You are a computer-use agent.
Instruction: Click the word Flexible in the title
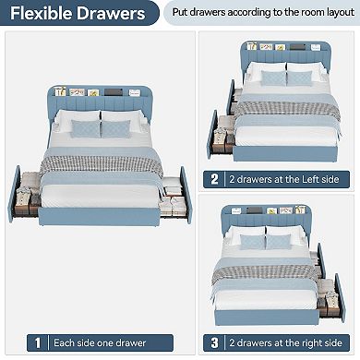pyautogui.click(x=42, y=13)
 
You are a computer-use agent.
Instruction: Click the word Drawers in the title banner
pyautogui.click(x=111, y=13)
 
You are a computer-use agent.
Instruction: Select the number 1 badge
pyautogui.click(x=38, y=342)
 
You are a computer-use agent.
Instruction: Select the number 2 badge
pyautogui.click(x=214, y=179)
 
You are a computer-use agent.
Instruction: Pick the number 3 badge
pyautogui.click(x=214, y=342)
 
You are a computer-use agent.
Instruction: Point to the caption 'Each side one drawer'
pyautogui.click(x=100, y=342)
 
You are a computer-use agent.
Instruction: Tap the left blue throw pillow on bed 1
pyautogui.click(x=86, y=128)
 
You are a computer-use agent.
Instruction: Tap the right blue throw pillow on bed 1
pyautogui.click(x=115, y=129)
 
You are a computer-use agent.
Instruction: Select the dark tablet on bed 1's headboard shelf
pyautogui.click(x=114, y=92)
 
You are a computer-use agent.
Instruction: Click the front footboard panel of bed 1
pyautogui.click(x=99, y=216)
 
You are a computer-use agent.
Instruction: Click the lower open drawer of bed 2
pyautogui.click(x=221, y=136)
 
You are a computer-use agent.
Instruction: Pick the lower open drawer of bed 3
pyautogui.click(x=330, y=298)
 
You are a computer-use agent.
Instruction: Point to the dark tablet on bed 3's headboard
pyautogui.click(x=255, y=210)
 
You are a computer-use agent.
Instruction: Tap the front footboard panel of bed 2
pyautogui.click(x=285, y=153)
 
